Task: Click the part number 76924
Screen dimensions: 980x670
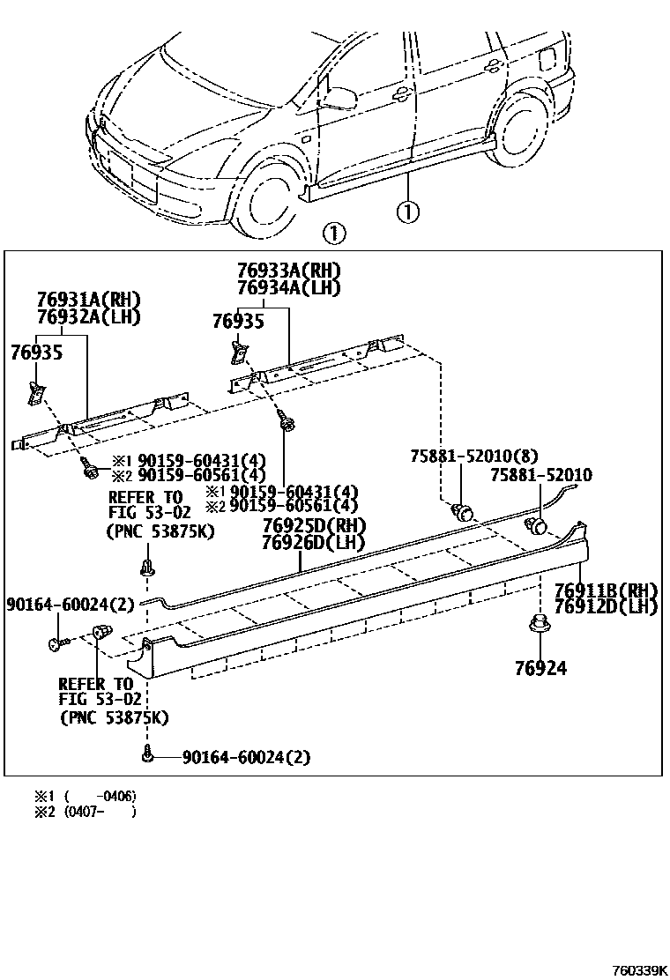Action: point(540,668)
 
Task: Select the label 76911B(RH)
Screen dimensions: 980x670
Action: point(606,590)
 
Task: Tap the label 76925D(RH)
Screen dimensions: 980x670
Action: point(313,526)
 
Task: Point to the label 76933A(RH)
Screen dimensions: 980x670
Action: point(288,271)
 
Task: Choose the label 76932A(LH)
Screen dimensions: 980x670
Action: point(88,316)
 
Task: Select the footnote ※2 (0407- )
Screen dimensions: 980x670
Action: point(85,812)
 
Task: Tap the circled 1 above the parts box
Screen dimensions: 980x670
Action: point(333,234)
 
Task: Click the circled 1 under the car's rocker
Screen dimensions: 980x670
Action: point(407,212)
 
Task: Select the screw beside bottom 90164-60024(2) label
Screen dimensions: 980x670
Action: point(147,755)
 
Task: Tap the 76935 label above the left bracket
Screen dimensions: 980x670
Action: point(38,353)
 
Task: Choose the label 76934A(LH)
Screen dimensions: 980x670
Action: point(288,287)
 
